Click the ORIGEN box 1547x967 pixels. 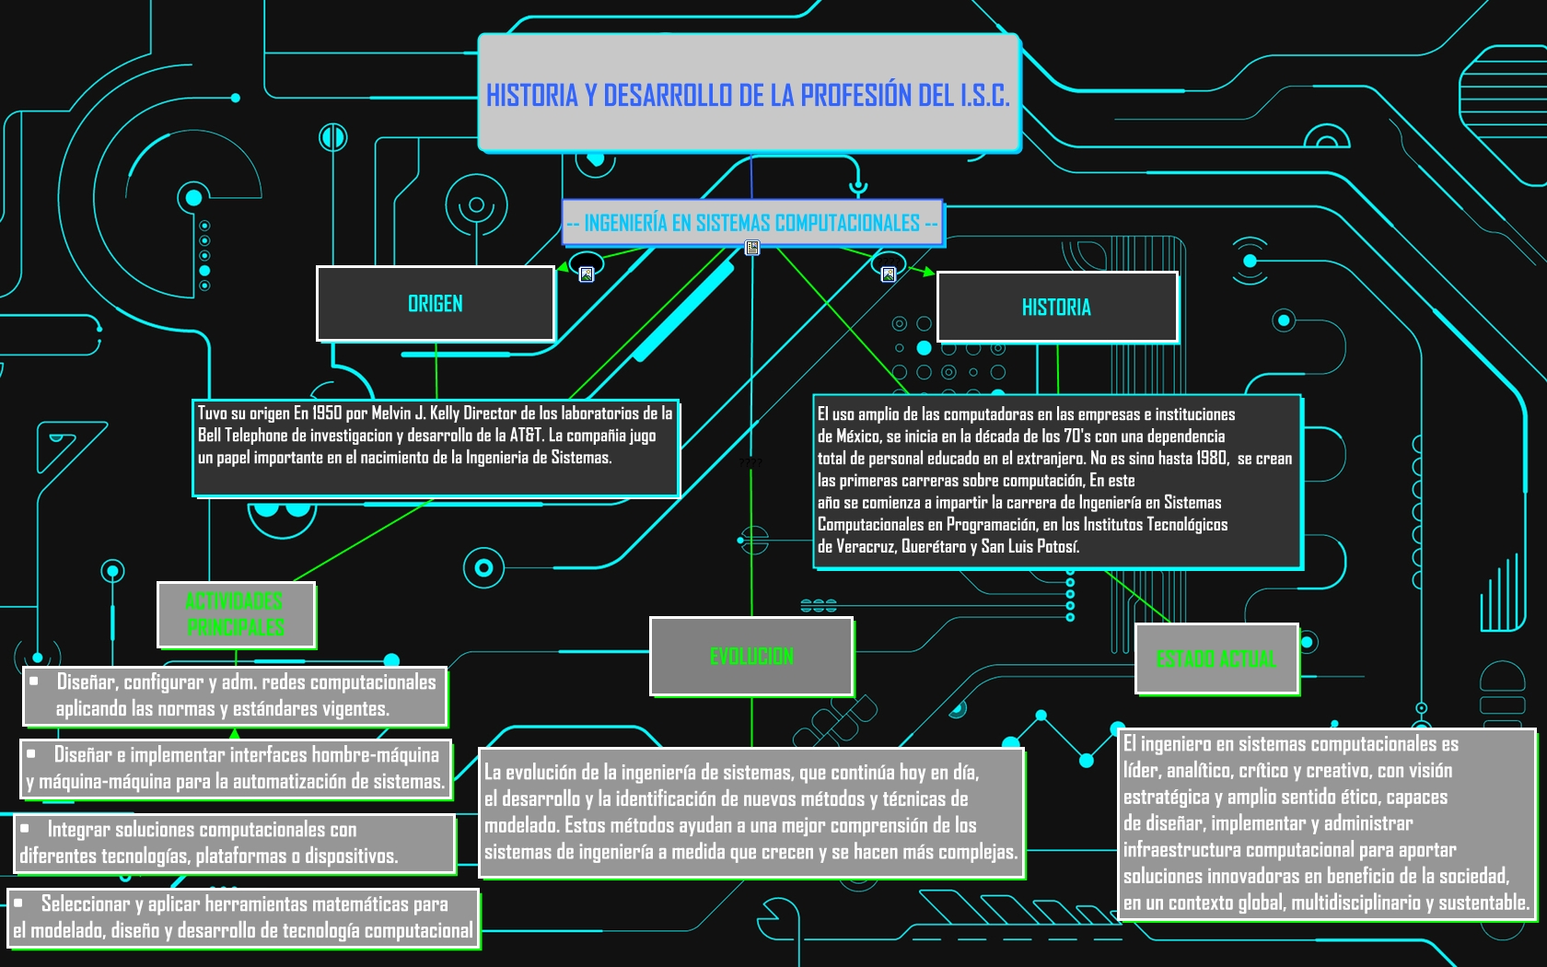click(x=435, y=304)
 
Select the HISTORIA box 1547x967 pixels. click(x=1057, y=308)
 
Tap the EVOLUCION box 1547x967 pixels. click(x=751, y=656)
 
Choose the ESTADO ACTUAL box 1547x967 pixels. click(x=1217, y=659)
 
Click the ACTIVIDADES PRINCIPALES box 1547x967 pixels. click(x=236, y=615)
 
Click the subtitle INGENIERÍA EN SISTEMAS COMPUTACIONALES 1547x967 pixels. click(x=752, y=223)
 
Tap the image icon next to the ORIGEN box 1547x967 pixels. click(x=587, y=274)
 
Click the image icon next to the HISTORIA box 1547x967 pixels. click(x=889, y=274)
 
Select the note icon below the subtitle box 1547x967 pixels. click(x=752, y=247)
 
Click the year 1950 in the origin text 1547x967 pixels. click(x=327, y=413)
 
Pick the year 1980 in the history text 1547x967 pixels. click(x=1212, y=458)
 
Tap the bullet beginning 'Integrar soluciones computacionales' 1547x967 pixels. click(x=235, y=844)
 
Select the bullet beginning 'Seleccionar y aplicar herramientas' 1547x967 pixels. click(x=244, y=918)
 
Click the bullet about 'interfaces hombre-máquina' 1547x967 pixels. click(x=236, y=769)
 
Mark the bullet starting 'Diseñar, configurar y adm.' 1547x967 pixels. click(x=236, y=695)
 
